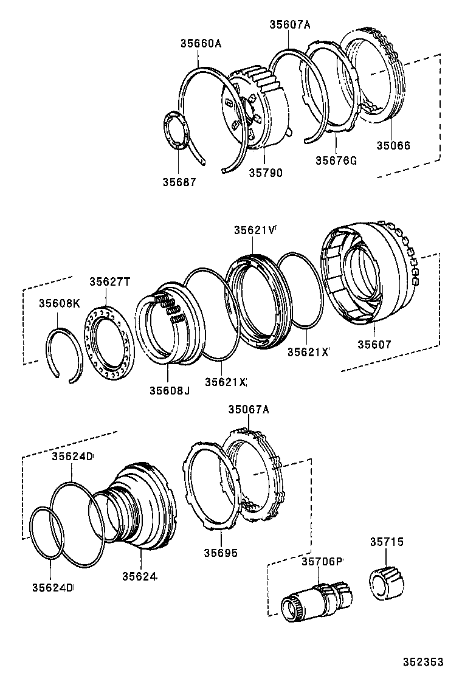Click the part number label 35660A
[200, 43]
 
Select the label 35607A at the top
[290, 24]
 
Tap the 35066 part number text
[393, 146]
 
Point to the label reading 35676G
[336, 160]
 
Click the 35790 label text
[265, 172]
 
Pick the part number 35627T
[109, 281]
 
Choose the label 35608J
[170, 391]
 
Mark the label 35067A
[249, 410]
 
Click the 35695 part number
[221, 553]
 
